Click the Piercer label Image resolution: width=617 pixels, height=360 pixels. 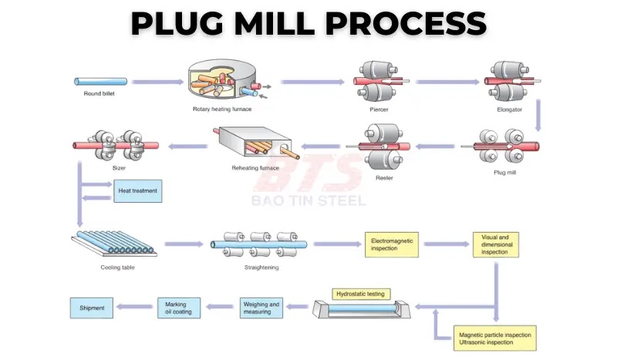(x=378, y=109)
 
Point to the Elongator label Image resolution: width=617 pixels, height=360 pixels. (x=511, y=109)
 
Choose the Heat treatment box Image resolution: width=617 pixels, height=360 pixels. (x=139, y=190)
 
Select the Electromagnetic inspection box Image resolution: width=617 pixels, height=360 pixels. (x=393, y=244)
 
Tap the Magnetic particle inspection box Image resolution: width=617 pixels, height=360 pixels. (x=494, y=338)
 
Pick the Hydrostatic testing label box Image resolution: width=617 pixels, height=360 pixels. (x=362, y=294)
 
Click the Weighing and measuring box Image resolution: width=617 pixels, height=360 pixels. (x=261, y=308)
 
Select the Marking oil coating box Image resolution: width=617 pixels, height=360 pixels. (x=179, y=308)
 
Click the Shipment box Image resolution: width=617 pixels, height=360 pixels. (x=93, y=308)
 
